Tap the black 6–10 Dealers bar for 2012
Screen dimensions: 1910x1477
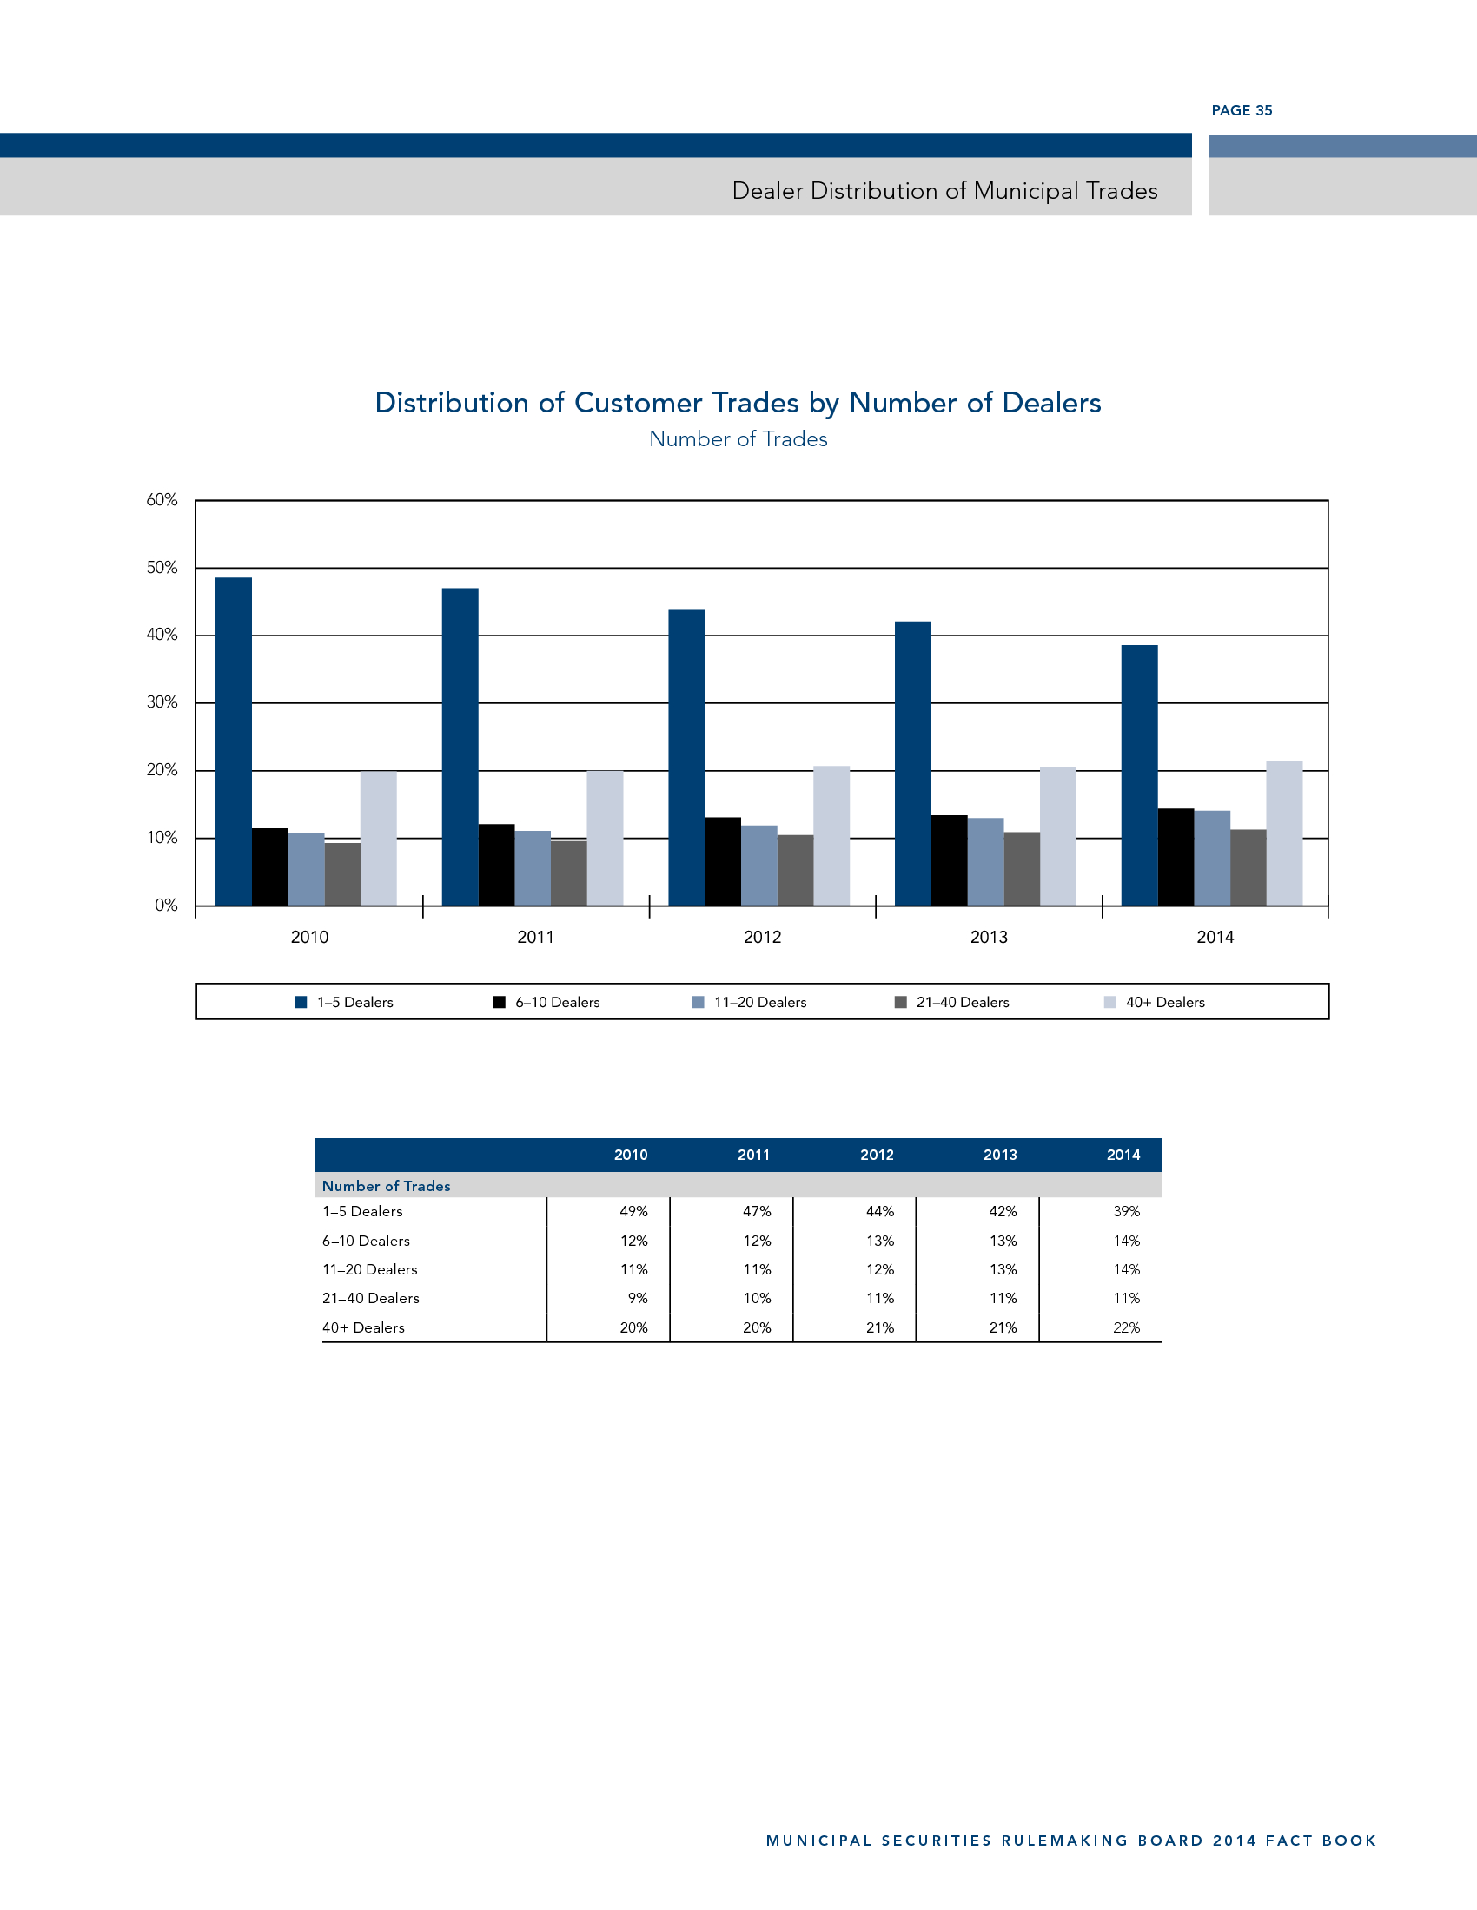(723, 861)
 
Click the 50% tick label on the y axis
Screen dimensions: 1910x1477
(162, 568)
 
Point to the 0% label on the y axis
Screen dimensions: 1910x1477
(166, 906)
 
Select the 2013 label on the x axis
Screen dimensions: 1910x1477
(989, 937)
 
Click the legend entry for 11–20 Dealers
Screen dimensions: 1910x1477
(759, 1002)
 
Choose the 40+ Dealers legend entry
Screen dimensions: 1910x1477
(1164, 1002)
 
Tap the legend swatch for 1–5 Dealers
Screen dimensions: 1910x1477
(301, 1002)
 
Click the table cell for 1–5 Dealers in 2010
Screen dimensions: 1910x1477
(633, 1211)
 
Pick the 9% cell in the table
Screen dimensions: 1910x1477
(638, 1298)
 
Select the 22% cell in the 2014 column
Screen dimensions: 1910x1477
(1126, 1327)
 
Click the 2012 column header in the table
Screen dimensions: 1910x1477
(877, 1155)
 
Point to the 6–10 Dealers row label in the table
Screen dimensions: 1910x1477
(366, 1241)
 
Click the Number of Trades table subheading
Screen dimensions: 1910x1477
(386, 1186)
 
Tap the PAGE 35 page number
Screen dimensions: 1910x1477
(1242, 110)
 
